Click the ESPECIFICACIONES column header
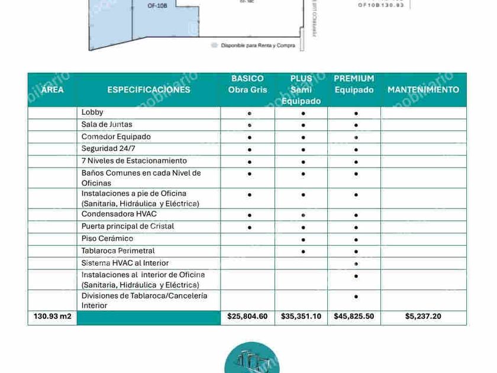pos(149,90)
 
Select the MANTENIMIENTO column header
pos(423,90)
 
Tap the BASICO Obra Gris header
pos(247,84)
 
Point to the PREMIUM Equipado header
pos(354,84)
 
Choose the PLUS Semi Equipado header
pos(301,89)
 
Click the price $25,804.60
pos(247,317)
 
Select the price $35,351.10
pos(301,317)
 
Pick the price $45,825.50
pos(354,317)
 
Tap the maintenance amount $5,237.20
pos(423,317)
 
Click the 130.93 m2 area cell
pos(52,317)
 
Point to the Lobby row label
pos(92,112)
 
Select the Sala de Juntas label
pos(106,125)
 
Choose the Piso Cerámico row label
pos(107,239)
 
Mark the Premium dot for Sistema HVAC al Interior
pos(356,264)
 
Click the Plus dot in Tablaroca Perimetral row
pos(303,252)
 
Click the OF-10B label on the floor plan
pos(157,5)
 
